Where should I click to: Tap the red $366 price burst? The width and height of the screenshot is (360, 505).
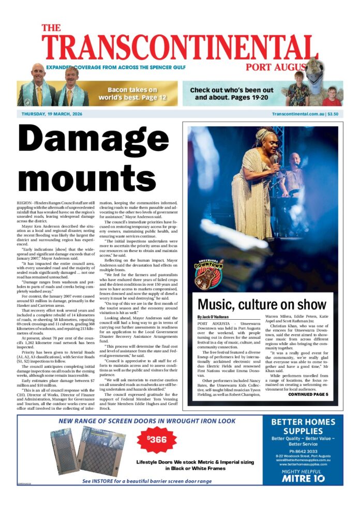[157, 440]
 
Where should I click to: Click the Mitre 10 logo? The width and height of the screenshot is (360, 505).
[303, 479]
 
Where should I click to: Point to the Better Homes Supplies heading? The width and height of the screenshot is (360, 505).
[303, 427]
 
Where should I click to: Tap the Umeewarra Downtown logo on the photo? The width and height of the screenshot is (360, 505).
[208, 275]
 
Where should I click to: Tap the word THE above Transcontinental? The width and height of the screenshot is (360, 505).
[52, 28]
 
